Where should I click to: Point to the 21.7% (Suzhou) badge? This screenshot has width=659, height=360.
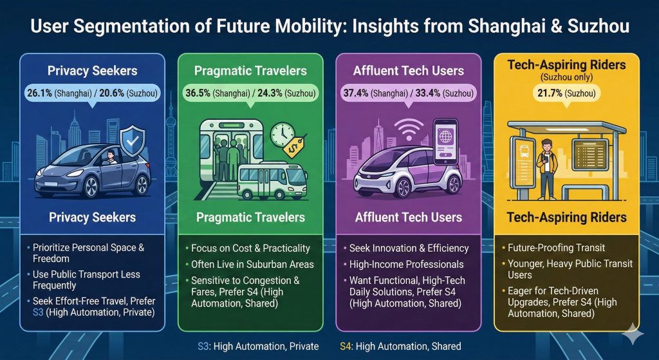pos(566,93)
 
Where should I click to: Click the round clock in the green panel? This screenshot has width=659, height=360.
pos(282,135)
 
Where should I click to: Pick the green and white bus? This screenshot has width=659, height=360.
pos(272,181)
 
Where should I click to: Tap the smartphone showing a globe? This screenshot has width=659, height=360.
pos(445,142)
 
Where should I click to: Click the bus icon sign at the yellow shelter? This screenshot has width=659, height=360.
pos(523,162)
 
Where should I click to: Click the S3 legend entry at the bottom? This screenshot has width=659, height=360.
pos(258,346)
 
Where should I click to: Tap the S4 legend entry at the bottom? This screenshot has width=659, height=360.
pos(400,346)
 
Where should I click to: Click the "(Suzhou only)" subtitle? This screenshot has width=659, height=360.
pos(566,77)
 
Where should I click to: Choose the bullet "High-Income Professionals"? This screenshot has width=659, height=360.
pos(407,265)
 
